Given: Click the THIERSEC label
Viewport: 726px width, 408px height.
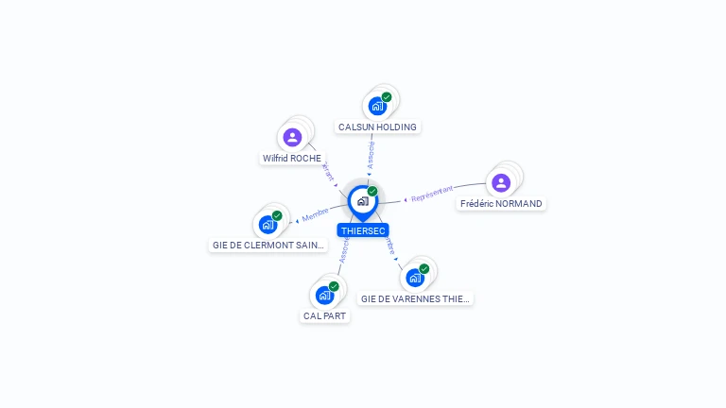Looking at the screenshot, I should (x=363, y=230).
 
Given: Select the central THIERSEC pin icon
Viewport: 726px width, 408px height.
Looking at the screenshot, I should (x=362, y=201).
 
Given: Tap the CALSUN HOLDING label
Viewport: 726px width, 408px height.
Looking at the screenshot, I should (x=377, y=127).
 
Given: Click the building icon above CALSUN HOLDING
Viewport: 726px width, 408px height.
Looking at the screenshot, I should (x=377, y=105).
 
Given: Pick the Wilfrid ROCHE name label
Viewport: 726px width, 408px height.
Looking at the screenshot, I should (x=292, y=159).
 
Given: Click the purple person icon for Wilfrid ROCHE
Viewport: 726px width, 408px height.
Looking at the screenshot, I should (x=292, y=137).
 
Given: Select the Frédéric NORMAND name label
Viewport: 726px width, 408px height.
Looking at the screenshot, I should (x=501, y=203).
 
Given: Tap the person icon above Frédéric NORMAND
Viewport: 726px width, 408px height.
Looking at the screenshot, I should (x=501, y=182).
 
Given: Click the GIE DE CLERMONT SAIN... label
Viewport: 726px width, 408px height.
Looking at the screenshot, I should (x=268, y=246).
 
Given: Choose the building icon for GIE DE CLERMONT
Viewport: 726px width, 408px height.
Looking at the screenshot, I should (x=268, y=224).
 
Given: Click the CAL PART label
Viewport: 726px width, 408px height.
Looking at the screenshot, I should (x=324, y=315).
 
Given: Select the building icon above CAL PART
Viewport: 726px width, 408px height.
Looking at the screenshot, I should (x=324, y=295).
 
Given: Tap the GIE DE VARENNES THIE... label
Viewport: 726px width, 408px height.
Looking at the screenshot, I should (x=415, y=298).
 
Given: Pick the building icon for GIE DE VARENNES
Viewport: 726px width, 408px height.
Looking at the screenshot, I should (x=414, y=277).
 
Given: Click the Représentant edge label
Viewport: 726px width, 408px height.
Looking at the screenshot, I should (x=432, y=195).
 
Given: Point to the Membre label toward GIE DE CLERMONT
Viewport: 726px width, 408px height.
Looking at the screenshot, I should (x=315, y=213).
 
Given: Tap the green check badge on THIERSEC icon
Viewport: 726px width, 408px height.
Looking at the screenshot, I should (x=372, y=192).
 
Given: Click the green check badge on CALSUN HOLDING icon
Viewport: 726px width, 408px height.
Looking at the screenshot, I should (x=387, y=96).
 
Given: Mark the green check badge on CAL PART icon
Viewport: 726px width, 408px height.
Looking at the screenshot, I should (x=334, y=286).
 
